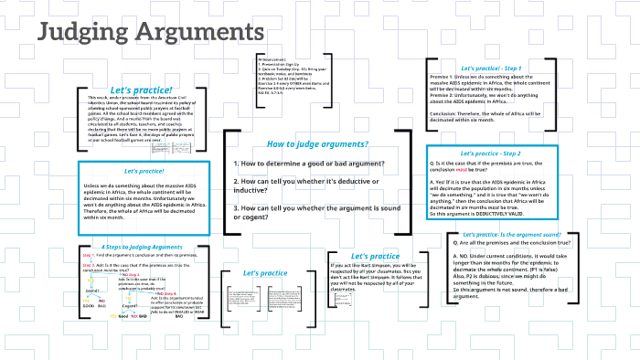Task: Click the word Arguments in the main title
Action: (x=200, y=31)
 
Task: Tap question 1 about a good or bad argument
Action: (x=309, y=164)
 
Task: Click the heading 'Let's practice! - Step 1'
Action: (x=491, y=69)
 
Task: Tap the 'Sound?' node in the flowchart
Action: (x=92, y=291)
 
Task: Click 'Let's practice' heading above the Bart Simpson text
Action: (x=376, y=256)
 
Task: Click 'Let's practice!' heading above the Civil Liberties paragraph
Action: (x=136, y=90)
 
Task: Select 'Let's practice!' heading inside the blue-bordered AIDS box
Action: (x=144, y=171)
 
